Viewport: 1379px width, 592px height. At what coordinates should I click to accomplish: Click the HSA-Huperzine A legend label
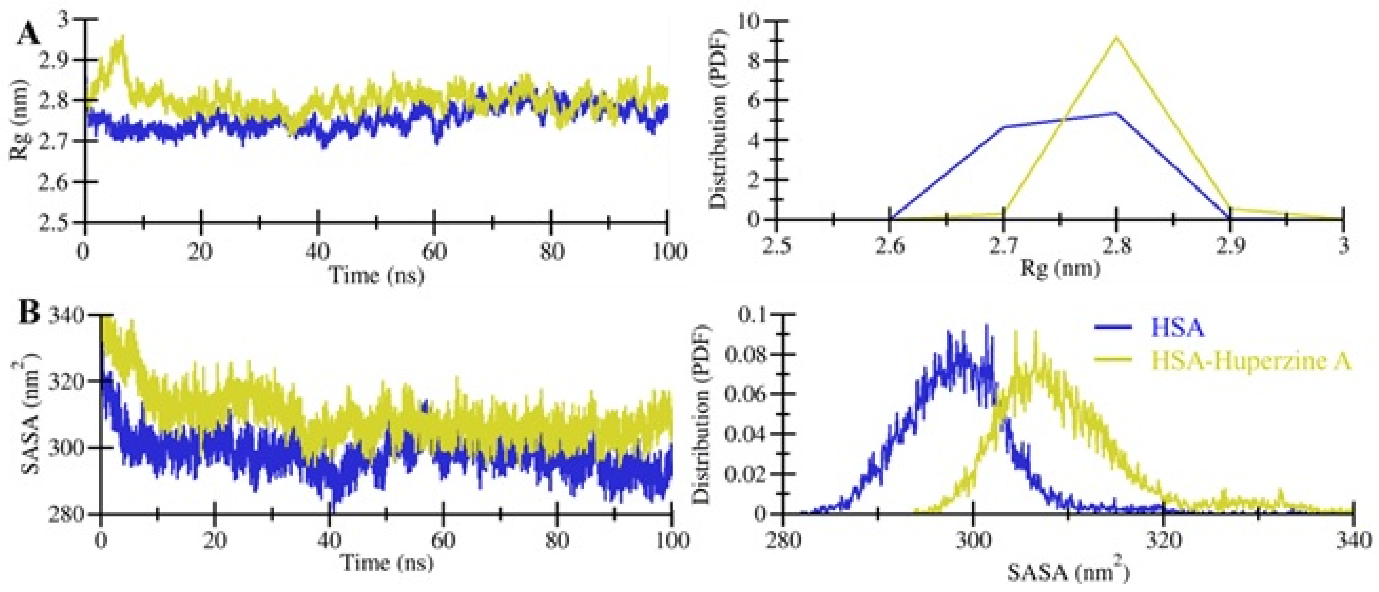[1250, 361]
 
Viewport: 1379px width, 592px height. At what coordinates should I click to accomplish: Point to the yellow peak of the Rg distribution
[1116, 37]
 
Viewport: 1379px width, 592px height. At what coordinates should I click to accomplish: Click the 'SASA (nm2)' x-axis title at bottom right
[1068, 573]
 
